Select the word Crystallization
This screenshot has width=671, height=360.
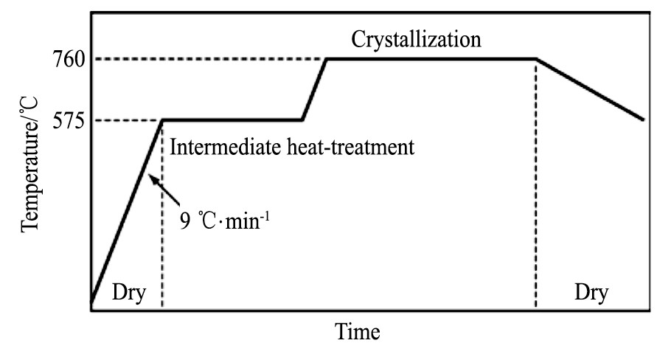417,38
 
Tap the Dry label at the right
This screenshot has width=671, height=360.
593,293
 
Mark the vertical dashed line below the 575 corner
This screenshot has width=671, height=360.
162,221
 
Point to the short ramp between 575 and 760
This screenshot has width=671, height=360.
314,89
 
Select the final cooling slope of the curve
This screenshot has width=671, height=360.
590,89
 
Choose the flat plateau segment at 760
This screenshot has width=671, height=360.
431,59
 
